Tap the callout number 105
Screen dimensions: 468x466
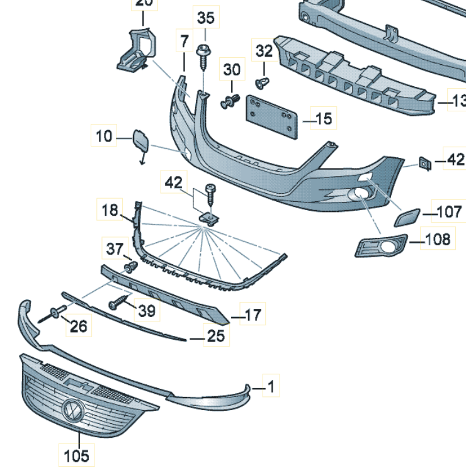[x=76, y=454]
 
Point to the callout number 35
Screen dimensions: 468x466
[x=205, y=18]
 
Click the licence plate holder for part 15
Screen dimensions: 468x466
[x=271, y=116]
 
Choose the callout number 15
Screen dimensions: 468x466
[x=324, y=118]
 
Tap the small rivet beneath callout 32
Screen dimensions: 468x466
[x=263, y=82]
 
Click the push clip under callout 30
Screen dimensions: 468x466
[x=231, y=100]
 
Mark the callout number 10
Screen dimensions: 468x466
[x=104, y=135]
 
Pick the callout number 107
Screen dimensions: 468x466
[x=448, y=212]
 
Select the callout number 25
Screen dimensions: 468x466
[x=216, y=337]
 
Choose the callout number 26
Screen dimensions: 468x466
[x=79, y=325]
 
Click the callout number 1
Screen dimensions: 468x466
[x=271, y=387]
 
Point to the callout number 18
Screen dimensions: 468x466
[x=110, y=209]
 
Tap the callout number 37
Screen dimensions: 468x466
[x=115, y=249]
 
